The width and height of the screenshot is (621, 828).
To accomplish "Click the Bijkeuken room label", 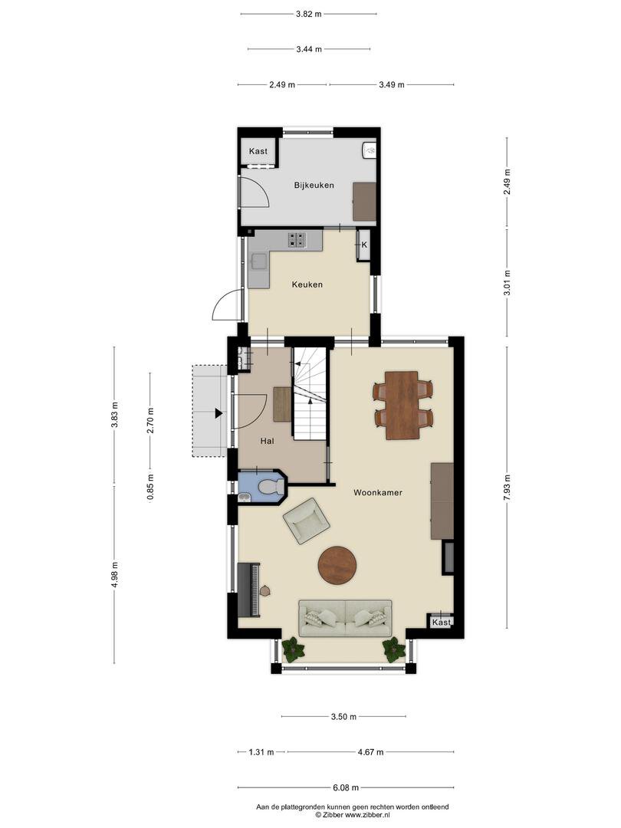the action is [x=314, y=185].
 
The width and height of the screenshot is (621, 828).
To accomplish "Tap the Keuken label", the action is [x=307, y=284].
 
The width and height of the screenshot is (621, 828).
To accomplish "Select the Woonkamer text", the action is [x=378, y=493].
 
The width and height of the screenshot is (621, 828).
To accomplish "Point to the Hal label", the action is [x=268, y=441].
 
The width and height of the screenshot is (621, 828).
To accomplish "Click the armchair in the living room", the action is [x=306, y=521].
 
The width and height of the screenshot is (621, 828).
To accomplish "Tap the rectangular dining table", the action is [x=402, y=405].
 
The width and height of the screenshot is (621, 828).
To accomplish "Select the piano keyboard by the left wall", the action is [x=249, y=590].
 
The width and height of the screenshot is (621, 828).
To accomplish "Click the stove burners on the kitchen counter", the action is [x=297, y=240].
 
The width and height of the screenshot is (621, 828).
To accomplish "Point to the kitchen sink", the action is [x=259, y=261].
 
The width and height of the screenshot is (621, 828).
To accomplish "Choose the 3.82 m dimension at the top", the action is [x=309, y=15].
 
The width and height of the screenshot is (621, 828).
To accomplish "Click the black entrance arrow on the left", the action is [x=218, y=414].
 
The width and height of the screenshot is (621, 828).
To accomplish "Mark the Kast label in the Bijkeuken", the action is [x=258, y=151].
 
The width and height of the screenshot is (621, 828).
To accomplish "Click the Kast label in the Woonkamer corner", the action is [x=442, y=622].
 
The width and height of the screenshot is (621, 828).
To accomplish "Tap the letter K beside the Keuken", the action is [x=364, y=245].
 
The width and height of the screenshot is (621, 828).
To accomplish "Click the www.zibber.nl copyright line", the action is [x=352, y=815].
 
